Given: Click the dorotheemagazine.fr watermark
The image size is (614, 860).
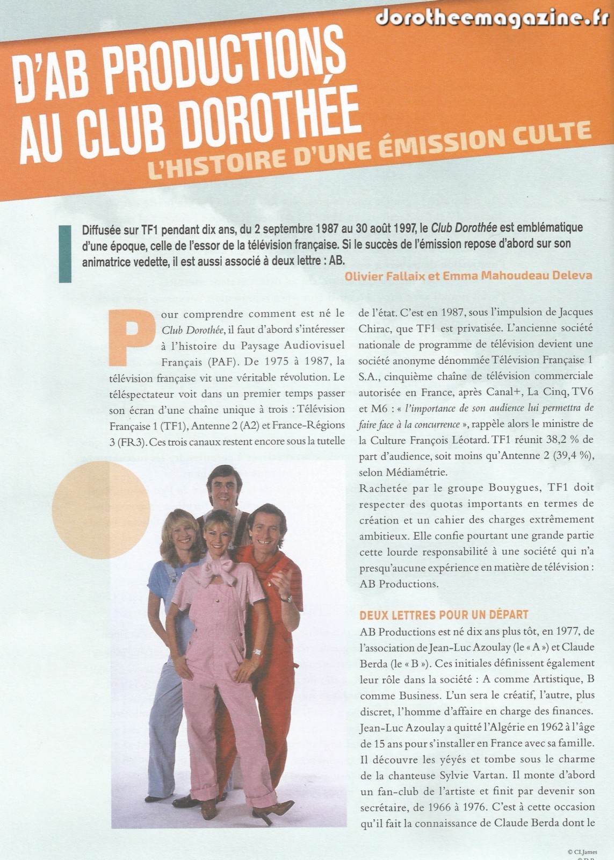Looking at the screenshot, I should [x=492, y=17].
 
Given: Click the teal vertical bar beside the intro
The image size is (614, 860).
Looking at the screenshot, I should [x=64, y=253].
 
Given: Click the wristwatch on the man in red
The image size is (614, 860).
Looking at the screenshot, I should [x=286, y=598].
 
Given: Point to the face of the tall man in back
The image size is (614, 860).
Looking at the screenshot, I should [x=224, y=491].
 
